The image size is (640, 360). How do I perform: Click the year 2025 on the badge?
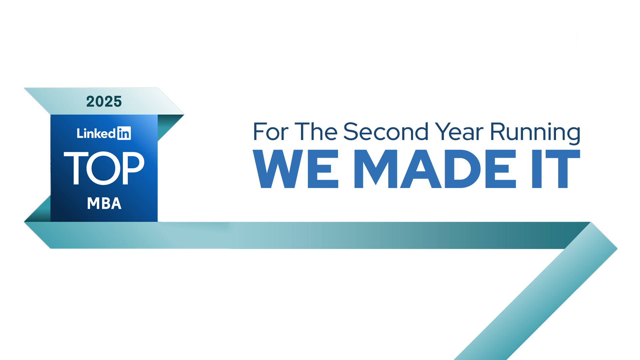pos(104,102)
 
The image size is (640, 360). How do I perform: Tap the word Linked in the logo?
pos(96,133)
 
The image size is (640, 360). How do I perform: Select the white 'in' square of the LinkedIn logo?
pos(124,133)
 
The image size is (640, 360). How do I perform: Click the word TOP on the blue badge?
pos(104,168)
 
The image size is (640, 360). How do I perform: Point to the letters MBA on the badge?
pos(104,203)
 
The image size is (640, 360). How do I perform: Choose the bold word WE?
pos(296,169)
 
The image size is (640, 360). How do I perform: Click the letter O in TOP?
pos(104,168)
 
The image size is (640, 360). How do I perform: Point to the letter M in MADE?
pos(376,169)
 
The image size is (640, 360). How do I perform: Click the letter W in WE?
pos(278,169)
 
